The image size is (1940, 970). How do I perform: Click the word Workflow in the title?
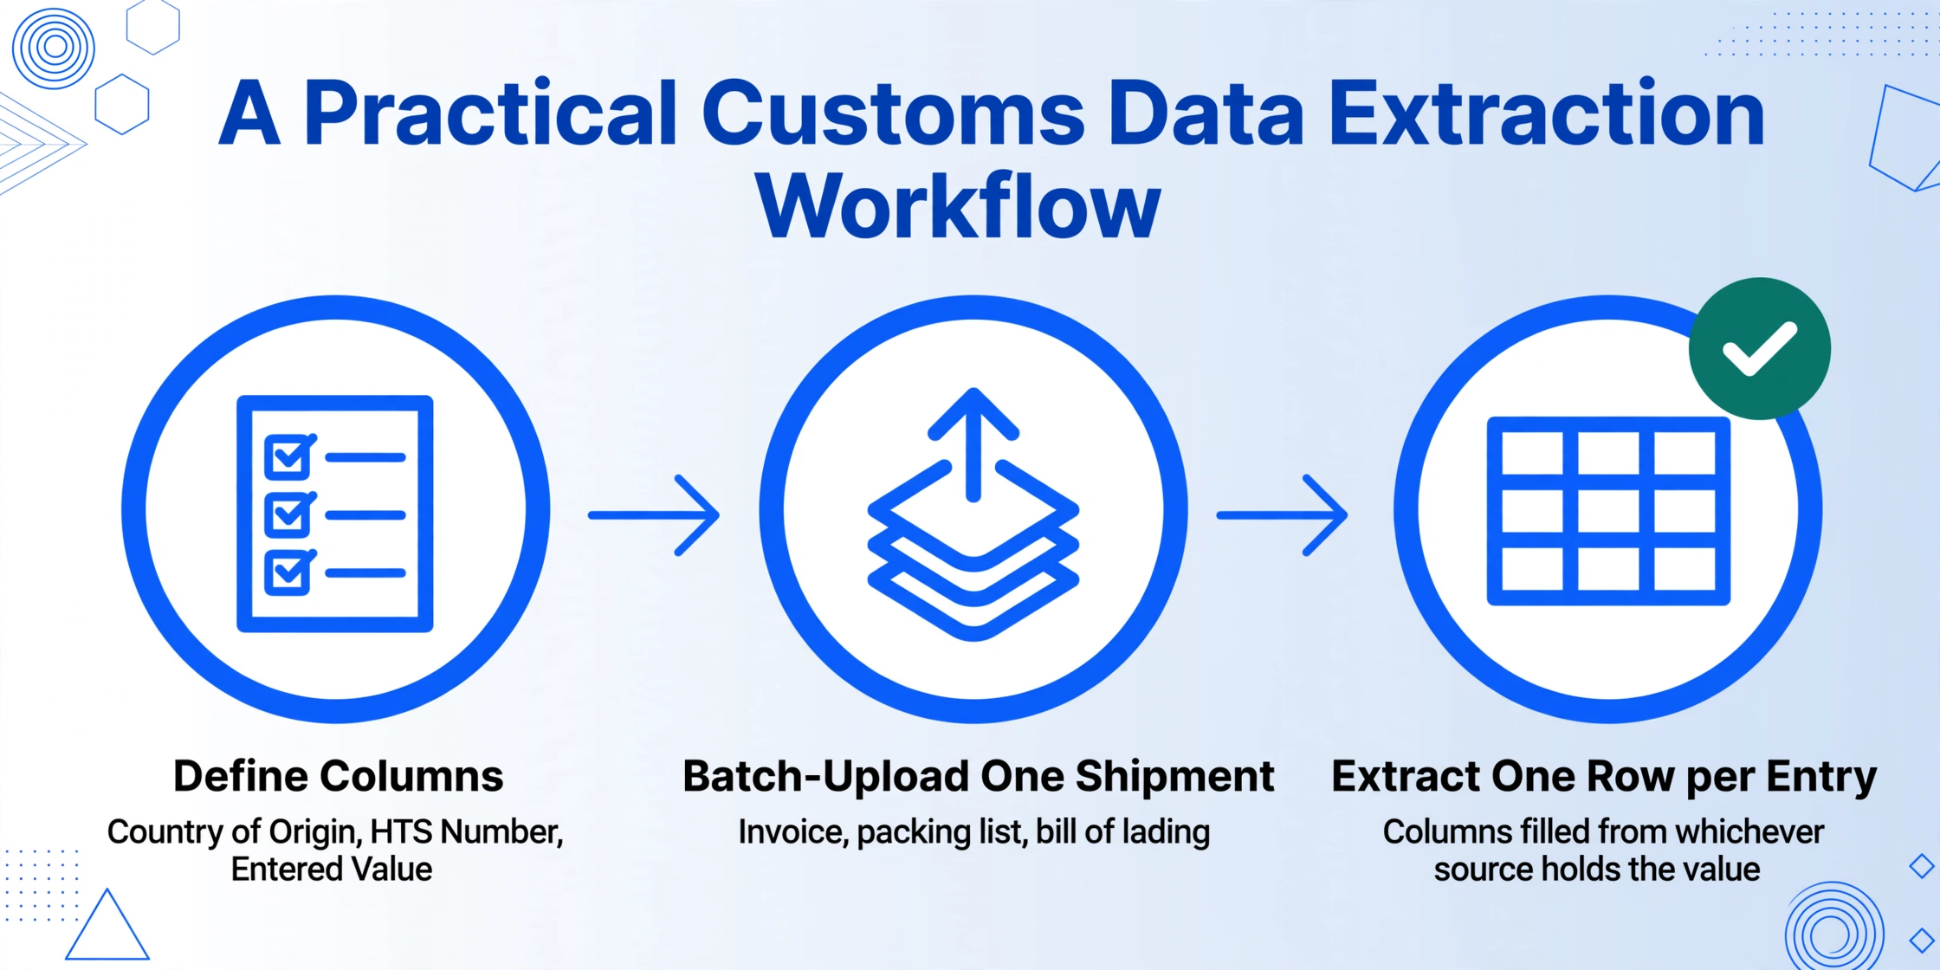pyautogui.click(x=958, y=206)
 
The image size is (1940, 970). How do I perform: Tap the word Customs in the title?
pyautogui.click(x=893, y=113)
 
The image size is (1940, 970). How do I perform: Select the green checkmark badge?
pyautogui.click(x=1760, y=349)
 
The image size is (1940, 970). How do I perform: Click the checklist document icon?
pyautogui.click(x=335, y=514)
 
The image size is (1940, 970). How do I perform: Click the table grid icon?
pyautogui.click(x=1608, y=511)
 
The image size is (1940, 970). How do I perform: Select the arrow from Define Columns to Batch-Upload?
pyautogui.click(x=654, y=515)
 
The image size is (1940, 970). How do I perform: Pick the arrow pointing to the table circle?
pyautogui.click(x=1283, y=515)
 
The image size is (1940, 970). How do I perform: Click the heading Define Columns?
pyautogui.click(x=338, y=776)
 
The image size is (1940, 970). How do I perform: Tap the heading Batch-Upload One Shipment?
pyautogui.click(x=978, y=777)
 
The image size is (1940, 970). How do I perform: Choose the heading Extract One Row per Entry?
pyautogui.click(x=1604, y=777)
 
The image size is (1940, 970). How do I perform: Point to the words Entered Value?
pyautogui.click(x=332, y=870)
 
